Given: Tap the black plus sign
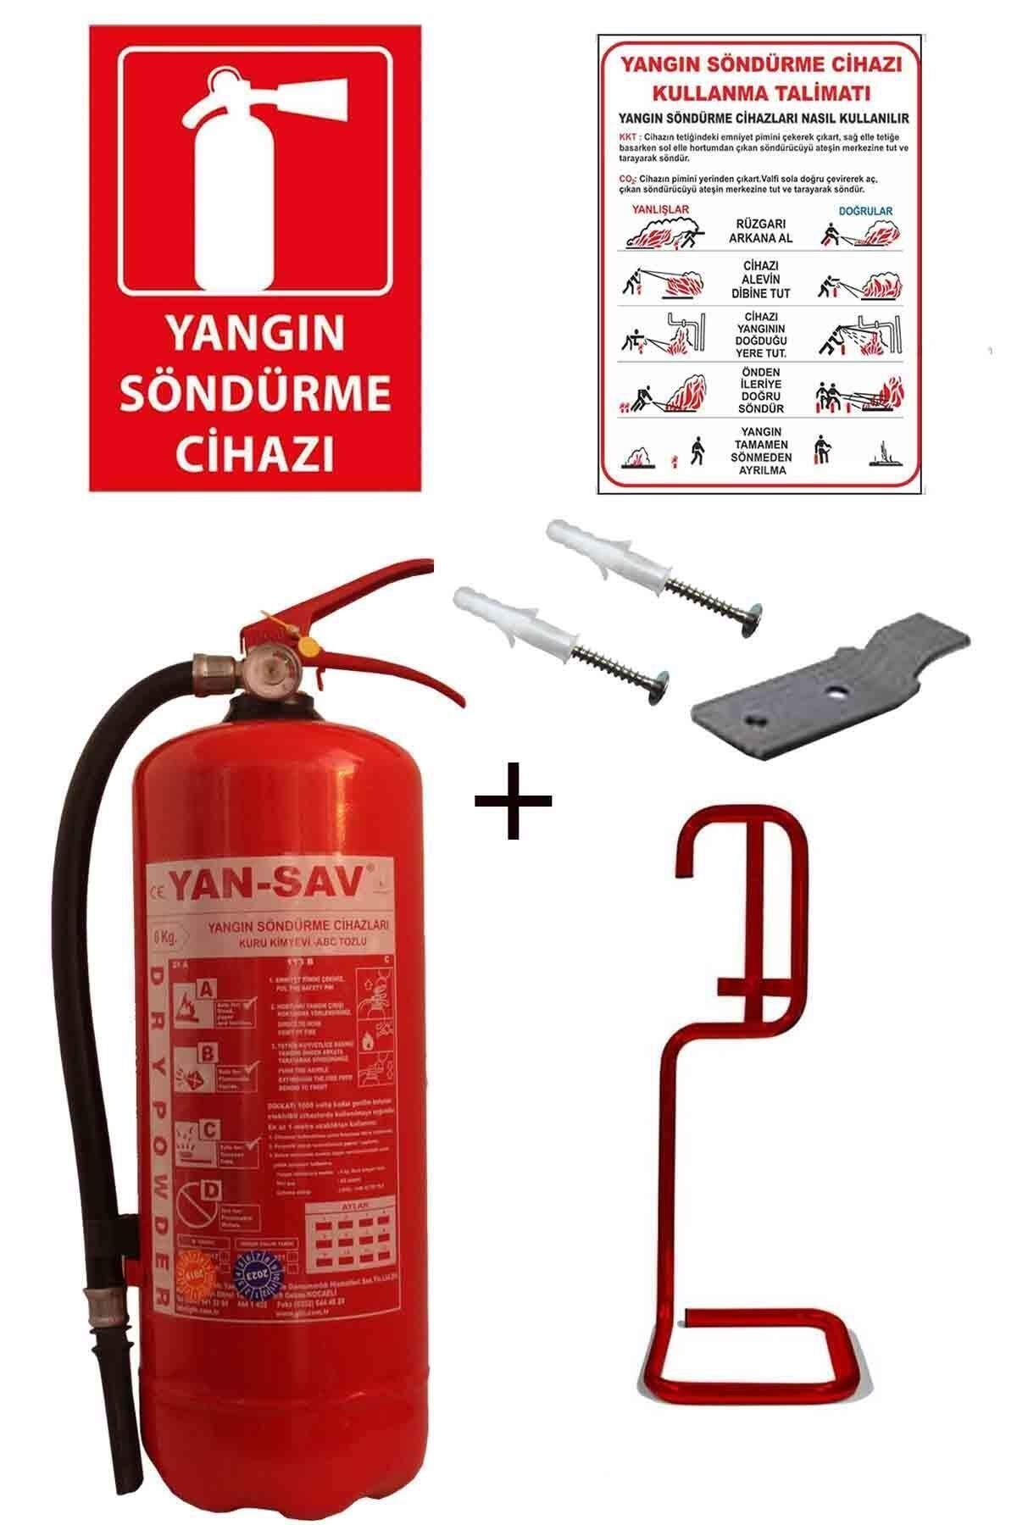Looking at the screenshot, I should coord(513,800).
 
